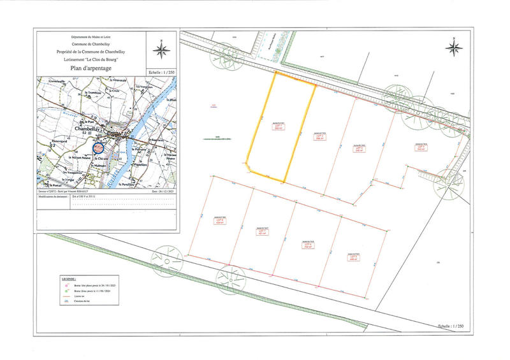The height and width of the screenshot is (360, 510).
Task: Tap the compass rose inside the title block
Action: pos(162,48)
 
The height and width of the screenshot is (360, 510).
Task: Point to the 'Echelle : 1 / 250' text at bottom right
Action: pos(439,325)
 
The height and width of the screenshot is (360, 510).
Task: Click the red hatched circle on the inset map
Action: pos(99,148)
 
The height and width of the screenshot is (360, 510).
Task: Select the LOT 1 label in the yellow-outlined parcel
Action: pos(279,127)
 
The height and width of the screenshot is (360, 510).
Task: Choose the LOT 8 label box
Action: pos(219,222)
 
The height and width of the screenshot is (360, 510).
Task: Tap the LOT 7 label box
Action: pos(261,231)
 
